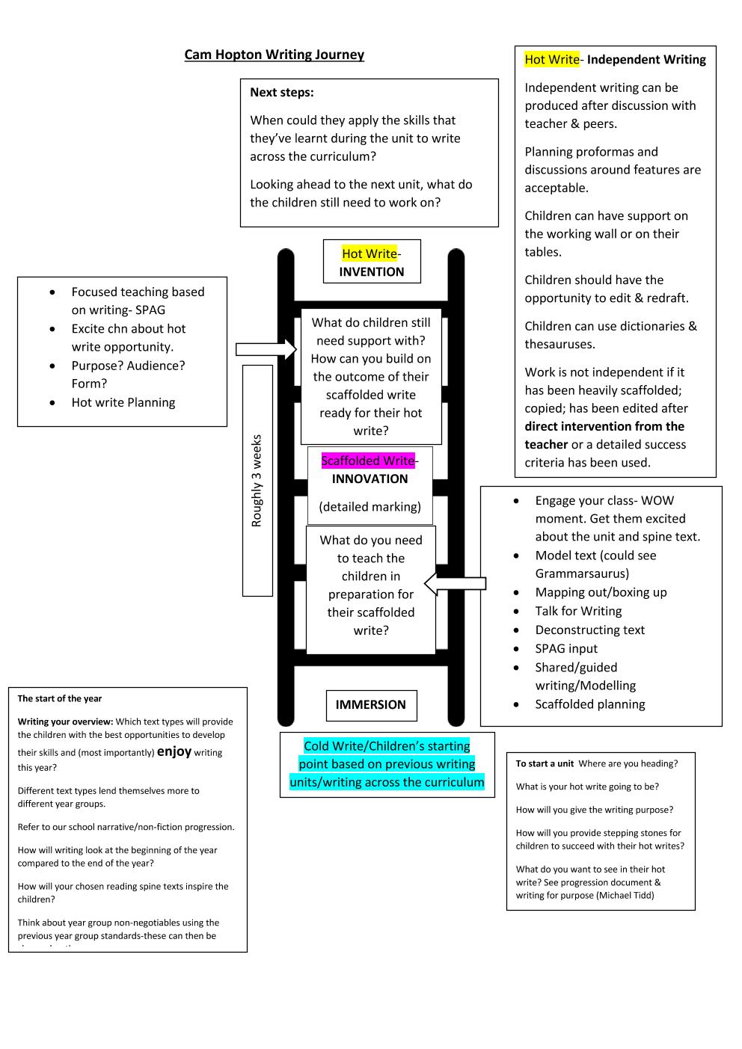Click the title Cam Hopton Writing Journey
coord(274,55)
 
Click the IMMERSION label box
coord(372,705)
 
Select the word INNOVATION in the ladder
coord(370,479)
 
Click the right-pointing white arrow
coord(266,349)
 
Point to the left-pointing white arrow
coord(455,583)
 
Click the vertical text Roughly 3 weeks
coord(257,481)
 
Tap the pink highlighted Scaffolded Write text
coord(368,461)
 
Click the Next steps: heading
coord(281,92)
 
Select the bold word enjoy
coord(174,752)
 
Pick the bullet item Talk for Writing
coord(578,611)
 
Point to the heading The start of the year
coord(60,698)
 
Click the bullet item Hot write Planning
coord(123,402)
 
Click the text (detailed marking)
coord(370,507)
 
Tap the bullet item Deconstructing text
coord(589,630)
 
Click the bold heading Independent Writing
coord(646,60)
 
